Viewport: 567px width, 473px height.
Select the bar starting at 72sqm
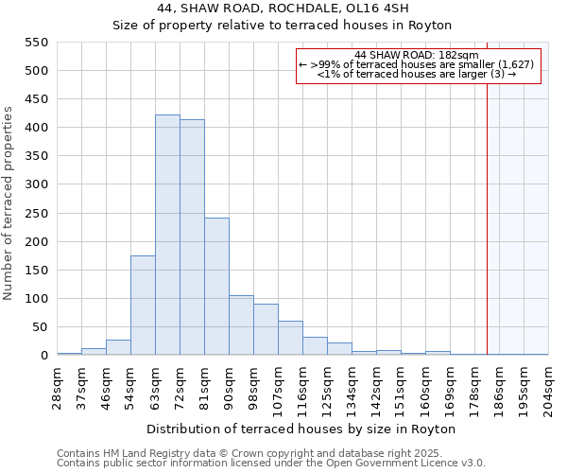click(192, 237)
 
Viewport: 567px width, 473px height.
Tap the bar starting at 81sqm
click(216, 287)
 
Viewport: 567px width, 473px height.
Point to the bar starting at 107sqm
click(290, 338)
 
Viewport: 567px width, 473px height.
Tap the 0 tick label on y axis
click(43, 356)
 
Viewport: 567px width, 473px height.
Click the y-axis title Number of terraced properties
click(9, 203)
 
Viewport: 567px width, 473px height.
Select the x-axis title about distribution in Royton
click(301, 429)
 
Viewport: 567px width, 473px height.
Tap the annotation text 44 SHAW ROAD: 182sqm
click(417, 54)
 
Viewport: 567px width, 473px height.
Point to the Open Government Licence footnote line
click(271, 464)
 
